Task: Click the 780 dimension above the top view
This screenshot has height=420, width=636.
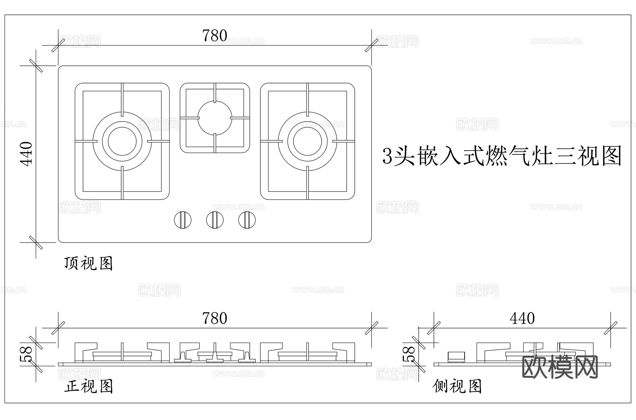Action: pyautogui.click(x=214, y=36)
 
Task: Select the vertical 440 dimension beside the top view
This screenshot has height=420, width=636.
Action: pyautogui.click(x=26, y=153)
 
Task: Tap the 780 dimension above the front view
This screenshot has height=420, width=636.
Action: pyautogui.click(x=214, y=318)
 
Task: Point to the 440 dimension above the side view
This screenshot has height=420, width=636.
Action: pyautogui.click(x=522, y=319)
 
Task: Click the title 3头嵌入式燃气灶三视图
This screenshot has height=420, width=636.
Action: pyautogui.click(x=502, y=156)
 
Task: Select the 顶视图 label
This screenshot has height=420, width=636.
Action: pyautogui.click(x=88, y=264)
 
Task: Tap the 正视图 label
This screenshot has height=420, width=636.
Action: pyautogui.click(x=88, y=386)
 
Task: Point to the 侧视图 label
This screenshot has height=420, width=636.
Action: pyautogui.click(x=457, y=386)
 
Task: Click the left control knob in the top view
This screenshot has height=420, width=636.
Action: pyautogui.click(x=183, y=220)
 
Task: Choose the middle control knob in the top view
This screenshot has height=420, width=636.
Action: pyautogui.click(x=215, y=220)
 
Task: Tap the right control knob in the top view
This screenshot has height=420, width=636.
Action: pyautogui.click(x=247, y=220)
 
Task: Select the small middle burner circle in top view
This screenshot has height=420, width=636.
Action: pyautogui.click(x=215, y=118)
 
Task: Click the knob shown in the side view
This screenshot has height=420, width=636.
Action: pyautogui.click(x=457, y=357)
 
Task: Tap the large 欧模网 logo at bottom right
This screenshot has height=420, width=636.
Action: pyautogui.click(x=560, y=367)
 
